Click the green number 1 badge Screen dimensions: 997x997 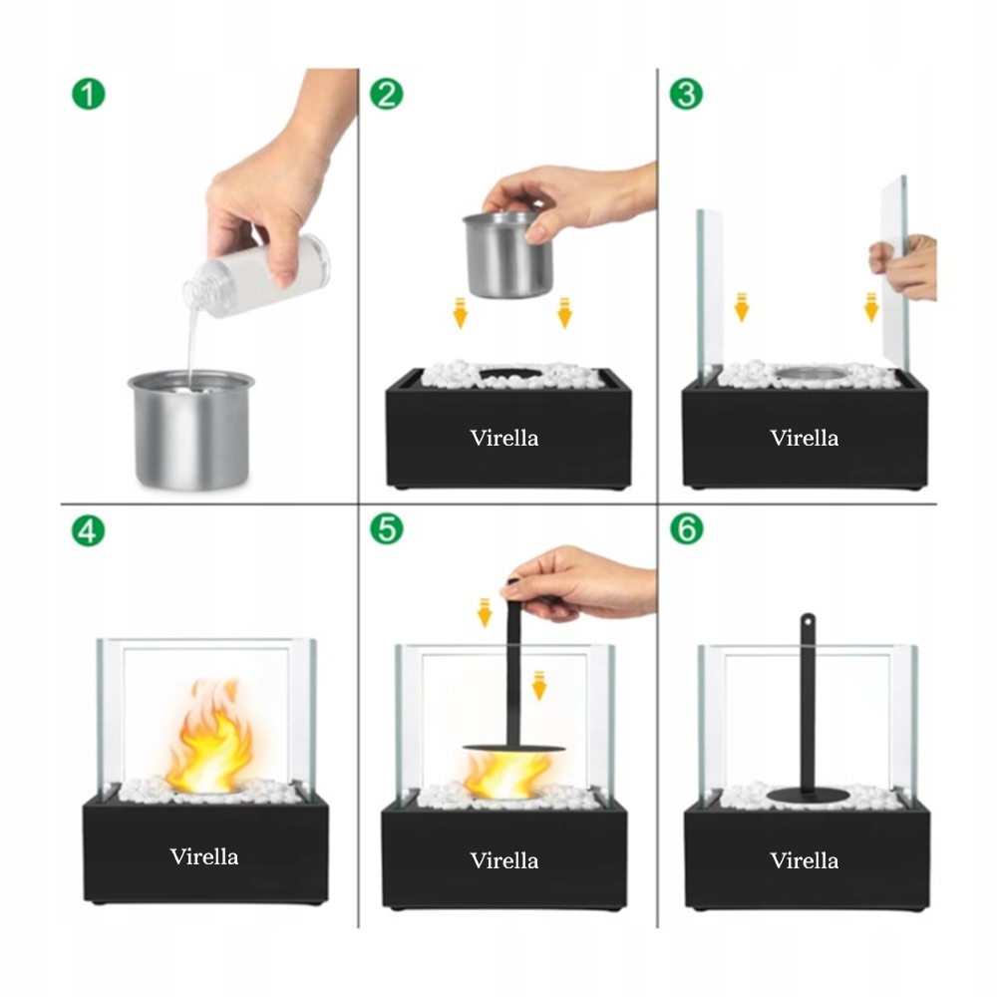coord(88,94)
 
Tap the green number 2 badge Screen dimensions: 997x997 coord(386,94)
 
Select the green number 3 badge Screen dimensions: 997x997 coord(686,94)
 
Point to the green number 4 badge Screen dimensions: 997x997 coord(88,530)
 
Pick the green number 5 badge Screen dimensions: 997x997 coord(386,529)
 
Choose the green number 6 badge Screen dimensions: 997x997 coord(686,529)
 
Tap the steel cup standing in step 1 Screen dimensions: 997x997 coord(190,431)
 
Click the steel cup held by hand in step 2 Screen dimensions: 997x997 coord(507,255)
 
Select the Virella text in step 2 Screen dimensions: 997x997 coord(504,438)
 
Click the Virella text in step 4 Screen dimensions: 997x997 coord(204,856)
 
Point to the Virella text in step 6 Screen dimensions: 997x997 coord(805,861)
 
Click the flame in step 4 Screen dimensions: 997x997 coord(208,737)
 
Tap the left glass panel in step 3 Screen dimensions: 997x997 coord(710,296)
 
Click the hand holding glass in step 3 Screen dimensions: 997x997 coord(903,266)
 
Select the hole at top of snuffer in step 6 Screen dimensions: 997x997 coord(808,619)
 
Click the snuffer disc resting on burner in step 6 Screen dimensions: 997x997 coord(808,795)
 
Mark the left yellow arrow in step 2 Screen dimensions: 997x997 coord(460,313)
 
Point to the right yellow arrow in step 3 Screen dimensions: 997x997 coord(871,307)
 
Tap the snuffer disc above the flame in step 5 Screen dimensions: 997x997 coord(513,749)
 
